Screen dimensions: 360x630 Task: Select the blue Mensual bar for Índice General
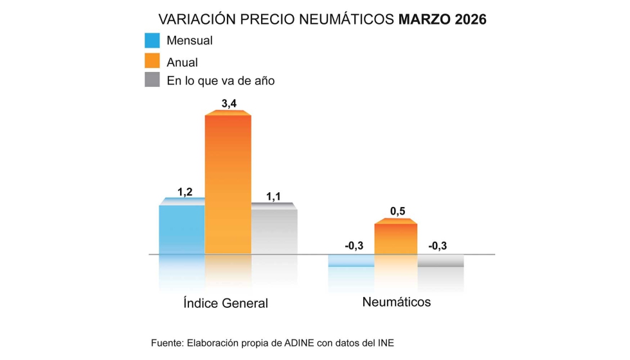point(182,228)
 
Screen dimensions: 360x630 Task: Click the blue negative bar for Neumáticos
point(351,260)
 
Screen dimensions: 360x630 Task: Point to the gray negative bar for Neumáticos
point(440,260)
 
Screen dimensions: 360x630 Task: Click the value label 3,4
point(229,104)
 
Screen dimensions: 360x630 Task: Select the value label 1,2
point(185,191)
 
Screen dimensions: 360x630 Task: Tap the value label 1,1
point(273,196)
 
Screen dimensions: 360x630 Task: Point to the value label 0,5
point(397,211)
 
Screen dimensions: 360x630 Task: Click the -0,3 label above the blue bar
point(354,245)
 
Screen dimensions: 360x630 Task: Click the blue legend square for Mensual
point(152,40)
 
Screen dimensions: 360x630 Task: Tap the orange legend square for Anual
point(152,61)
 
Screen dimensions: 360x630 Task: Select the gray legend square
point(152,80)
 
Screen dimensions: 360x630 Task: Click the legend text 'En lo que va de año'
point(221,81)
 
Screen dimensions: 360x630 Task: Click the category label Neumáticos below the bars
point(396,301)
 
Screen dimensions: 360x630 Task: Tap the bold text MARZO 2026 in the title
point(442,19)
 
